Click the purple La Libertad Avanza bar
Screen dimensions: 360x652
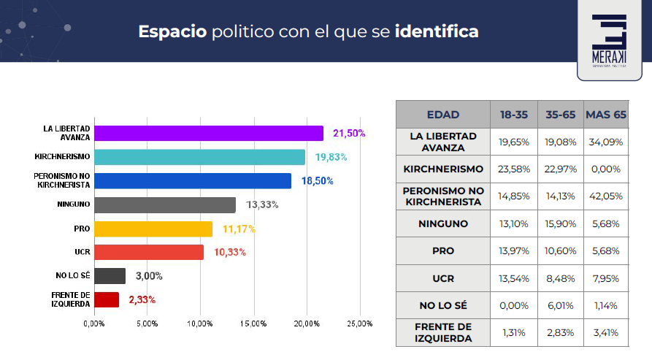click(x=209, y=133)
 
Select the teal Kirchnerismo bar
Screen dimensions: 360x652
click(x=200, y=157)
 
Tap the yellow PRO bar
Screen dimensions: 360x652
click(x=153, y=229)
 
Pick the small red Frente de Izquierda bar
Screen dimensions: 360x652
click(x=107, y=299)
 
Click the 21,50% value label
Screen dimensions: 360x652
click(x=349, y=134)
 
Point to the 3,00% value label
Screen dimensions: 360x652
click(x=148, y=276)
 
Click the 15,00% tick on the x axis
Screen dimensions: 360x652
click(x=253, y=323)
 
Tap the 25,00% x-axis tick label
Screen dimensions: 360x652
click(x=359, y=323)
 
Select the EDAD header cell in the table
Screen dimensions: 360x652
click(x=443, y=115)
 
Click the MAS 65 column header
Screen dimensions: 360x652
click(x=607, y=115)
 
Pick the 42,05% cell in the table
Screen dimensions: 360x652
click(x=607, y=196)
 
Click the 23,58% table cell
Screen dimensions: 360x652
click(x=515, y=169)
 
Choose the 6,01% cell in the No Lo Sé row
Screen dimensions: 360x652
click(x=561, y=305)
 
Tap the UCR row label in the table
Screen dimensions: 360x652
click(x=443, y=278)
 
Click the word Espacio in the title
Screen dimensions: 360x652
click(x=172, y=32)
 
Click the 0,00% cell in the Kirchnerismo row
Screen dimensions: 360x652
click(x=607, y=169)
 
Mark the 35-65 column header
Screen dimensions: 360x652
click(x=561, y=115)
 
